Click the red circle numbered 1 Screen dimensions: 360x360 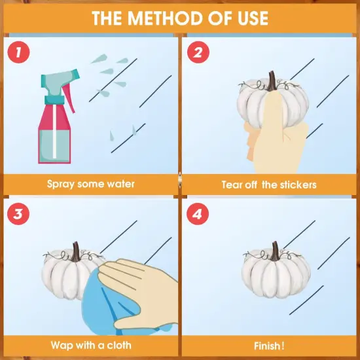(x=18, y=52)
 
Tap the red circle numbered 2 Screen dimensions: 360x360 (x=198, y=52)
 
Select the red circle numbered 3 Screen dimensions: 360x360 (x=18, y=214)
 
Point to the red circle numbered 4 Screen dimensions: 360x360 (x=198, y=214)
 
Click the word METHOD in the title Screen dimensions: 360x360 (x=166, y=18)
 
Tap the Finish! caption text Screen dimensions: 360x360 (x=269, y=346)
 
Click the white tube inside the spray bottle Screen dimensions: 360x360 (x=54, y=132)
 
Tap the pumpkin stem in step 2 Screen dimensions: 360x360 (x=272, y=81)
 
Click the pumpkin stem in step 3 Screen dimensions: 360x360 (x=76, y=252)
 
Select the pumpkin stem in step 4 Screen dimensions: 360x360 (x=275, y=251)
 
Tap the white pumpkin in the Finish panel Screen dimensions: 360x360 (x=276, y=271)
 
